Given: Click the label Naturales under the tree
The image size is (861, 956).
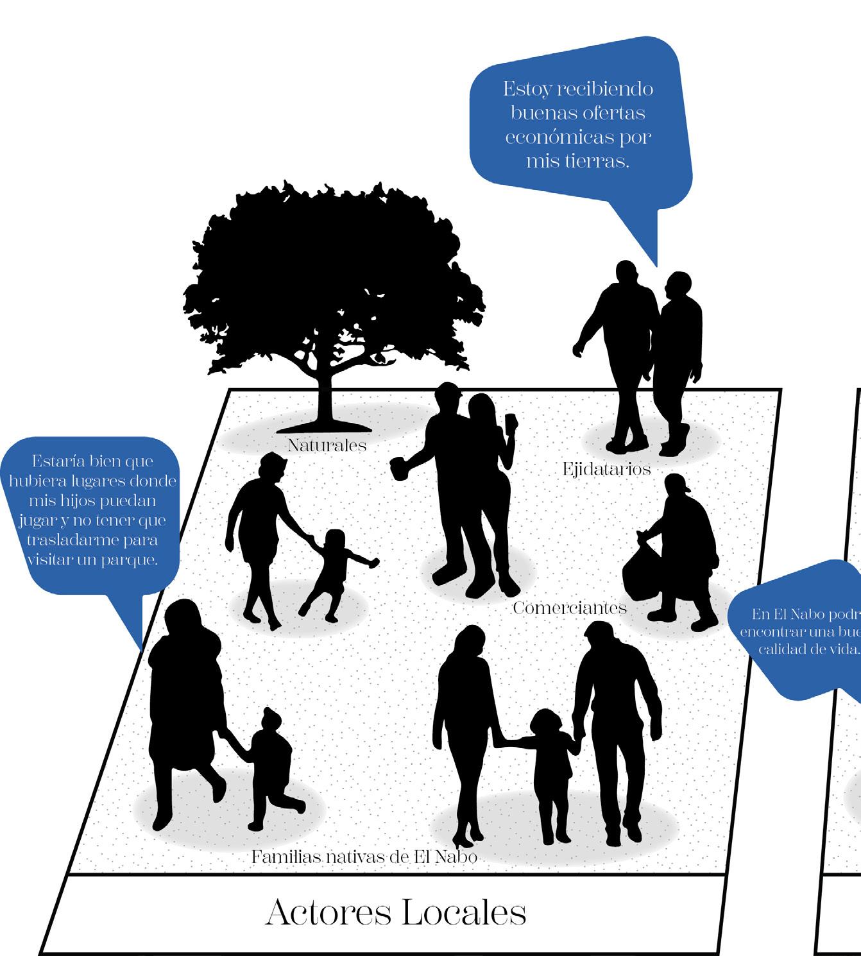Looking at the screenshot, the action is pos(327,445).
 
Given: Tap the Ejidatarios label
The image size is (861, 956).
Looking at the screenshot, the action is pos(606,470).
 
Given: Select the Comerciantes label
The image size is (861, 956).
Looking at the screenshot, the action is pos(569,608).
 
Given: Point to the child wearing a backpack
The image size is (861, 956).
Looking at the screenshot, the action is pos(272,764).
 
